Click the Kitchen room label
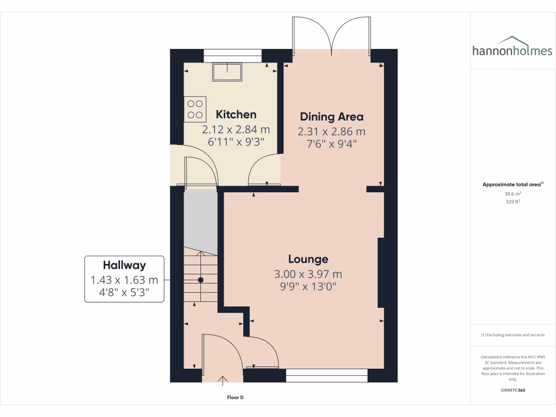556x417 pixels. pos(236,115)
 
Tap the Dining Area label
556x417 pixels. pos(331,117)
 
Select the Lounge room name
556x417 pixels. pos(308,259)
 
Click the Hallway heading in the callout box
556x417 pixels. pos(124,265)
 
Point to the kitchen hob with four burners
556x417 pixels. pos(195,108)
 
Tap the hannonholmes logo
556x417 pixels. pos(512,48)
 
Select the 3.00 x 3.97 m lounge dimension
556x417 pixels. pos(308,274)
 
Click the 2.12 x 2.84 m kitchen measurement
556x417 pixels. pos(236,130)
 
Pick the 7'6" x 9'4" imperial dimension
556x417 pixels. pos(331,144)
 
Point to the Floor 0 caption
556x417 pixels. pos(235,397)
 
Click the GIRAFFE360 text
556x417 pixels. pos(513,390)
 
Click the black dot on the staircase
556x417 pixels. pos(200,280)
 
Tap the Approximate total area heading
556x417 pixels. pos(512,185)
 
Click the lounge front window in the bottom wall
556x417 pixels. pos(326,372)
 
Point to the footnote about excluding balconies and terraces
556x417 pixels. pos(513,335)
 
